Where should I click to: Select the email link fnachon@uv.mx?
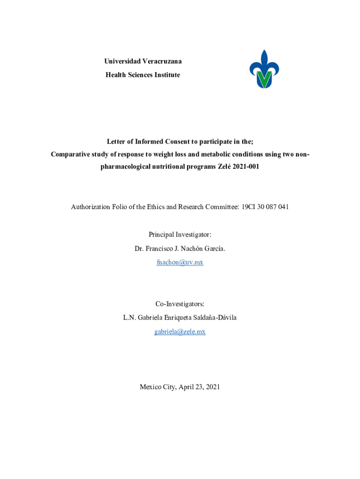(x=180, y=262)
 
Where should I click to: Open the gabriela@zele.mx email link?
(x=180, y=332)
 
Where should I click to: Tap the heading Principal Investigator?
(x=180, y=234)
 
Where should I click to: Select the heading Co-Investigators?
(x=180, y=304)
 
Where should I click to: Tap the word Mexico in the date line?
(x=151, y=387)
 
